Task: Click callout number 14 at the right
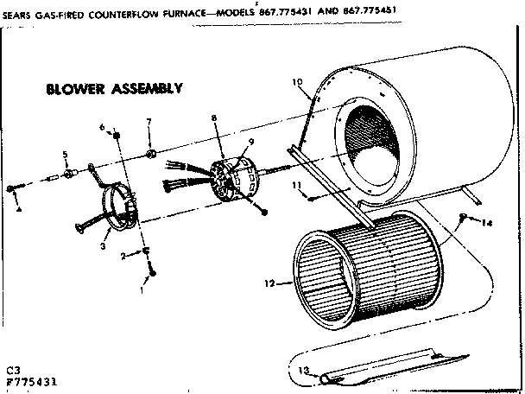point(487,223)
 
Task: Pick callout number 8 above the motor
point(213,118)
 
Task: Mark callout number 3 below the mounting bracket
point(103,246)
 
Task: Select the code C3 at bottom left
point(12,369)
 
